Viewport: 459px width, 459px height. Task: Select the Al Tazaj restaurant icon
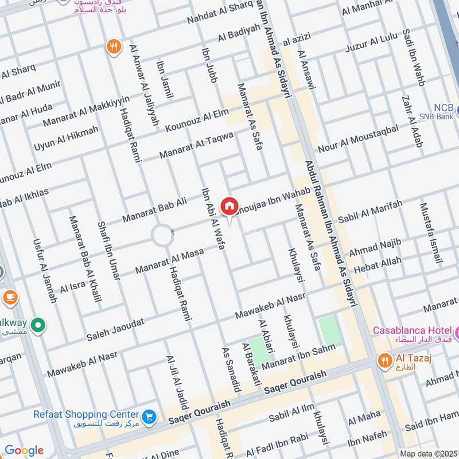coord(384,360)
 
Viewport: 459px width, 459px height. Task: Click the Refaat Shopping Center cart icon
coord(149,416)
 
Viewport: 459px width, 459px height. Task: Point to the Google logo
coord(24,450)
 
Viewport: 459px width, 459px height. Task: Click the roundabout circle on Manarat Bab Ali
coord(162,236)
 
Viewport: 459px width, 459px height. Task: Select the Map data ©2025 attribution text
coord(428,453)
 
